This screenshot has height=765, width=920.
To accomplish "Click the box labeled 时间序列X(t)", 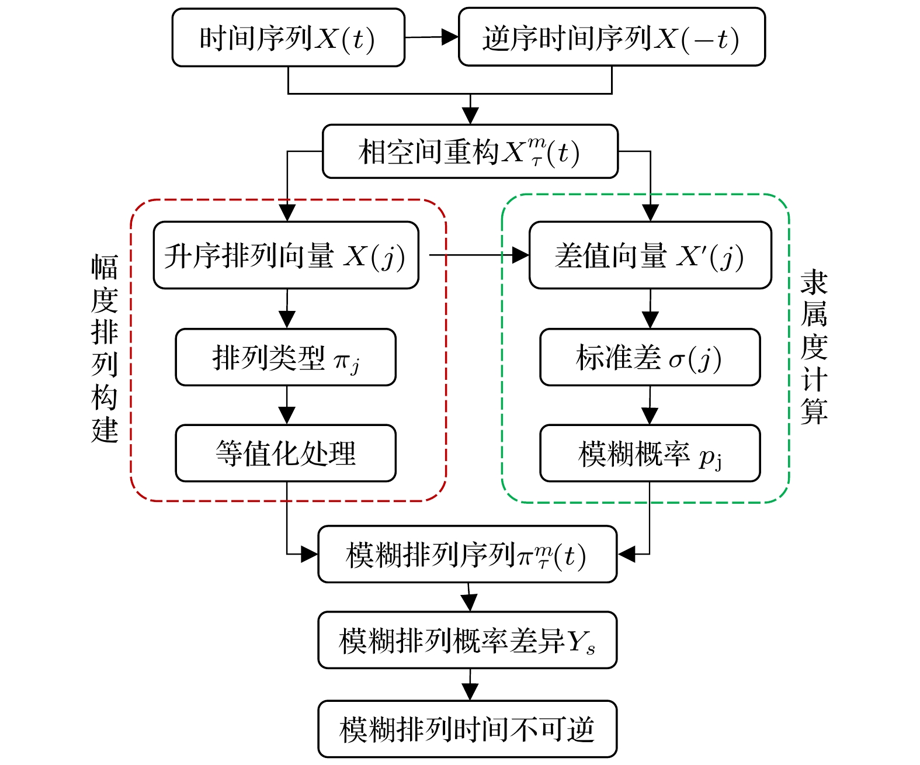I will tap(288, 38).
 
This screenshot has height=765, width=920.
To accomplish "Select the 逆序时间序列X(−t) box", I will tap(612, 38).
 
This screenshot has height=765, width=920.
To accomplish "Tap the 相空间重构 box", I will tap(470, 151).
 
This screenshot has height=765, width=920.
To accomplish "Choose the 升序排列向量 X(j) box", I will tap(286, 255).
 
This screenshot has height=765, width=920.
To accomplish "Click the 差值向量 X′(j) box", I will tap(650, 255).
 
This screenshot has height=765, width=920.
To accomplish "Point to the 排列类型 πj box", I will tap(286, 357).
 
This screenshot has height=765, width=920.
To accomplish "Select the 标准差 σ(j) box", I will tap(650, 357).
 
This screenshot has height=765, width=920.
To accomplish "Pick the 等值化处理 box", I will tap(286, 453).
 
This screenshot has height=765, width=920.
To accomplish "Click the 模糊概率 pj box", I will tap(650, 453).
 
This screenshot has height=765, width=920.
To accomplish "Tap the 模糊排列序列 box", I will tap(467, 554).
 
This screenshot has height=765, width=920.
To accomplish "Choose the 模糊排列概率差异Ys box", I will tap(467, 640).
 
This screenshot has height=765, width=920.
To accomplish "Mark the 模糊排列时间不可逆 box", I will tap(467, 729).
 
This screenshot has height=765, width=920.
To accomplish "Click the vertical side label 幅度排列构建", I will tap(105, 348).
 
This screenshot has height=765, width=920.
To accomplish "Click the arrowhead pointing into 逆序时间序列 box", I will tap(450, 37).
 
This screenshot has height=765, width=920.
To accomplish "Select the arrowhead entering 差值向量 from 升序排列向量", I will tap(520, 255).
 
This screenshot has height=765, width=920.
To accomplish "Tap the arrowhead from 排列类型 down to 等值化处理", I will tap(286, 415).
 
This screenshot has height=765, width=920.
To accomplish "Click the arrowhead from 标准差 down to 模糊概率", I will tap(650, 415).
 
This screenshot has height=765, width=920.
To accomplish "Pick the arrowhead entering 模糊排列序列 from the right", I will tap(627, 554).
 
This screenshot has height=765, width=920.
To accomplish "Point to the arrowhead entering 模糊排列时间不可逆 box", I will tap(470, 692).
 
